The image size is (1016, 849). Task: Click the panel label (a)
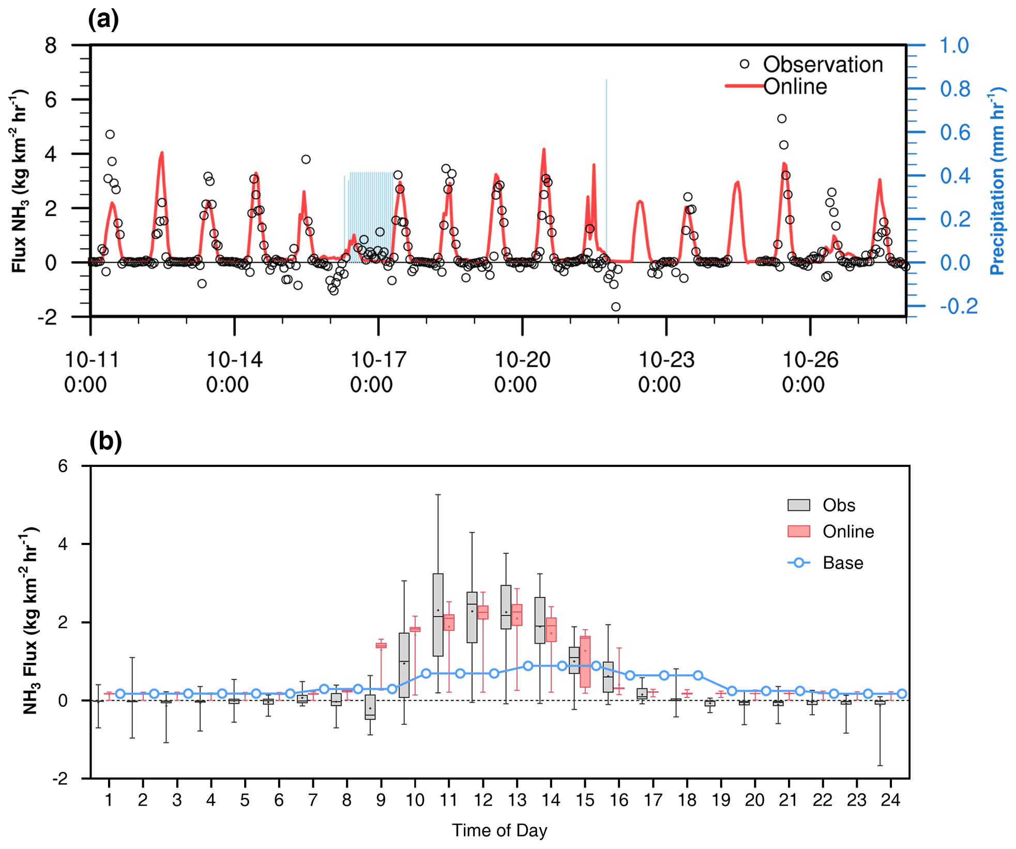(103, 20)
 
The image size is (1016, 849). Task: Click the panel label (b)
(105, 442)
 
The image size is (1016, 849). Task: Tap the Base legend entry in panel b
(842, 563)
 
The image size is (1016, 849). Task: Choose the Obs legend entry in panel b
(838, 505)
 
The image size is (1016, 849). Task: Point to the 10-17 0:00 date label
(378, 372)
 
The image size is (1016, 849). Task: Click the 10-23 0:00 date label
(666, 372)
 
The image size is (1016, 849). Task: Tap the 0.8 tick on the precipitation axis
(955, 89)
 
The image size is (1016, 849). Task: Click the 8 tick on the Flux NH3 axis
(51, 46)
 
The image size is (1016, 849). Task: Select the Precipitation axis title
(996, 181)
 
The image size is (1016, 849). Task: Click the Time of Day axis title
(499, 830)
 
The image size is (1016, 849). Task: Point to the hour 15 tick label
(585, 800)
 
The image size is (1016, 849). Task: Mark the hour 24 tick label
(890, 800)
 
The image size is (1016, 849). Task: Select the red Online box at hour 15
(585, 662)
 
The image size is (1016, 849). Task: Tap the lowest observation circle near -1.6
(615, 307)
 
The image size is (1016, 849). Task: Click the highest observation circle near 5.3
(782, 119)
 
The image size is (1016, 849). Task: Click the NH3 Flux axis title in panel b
(30, 620)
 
